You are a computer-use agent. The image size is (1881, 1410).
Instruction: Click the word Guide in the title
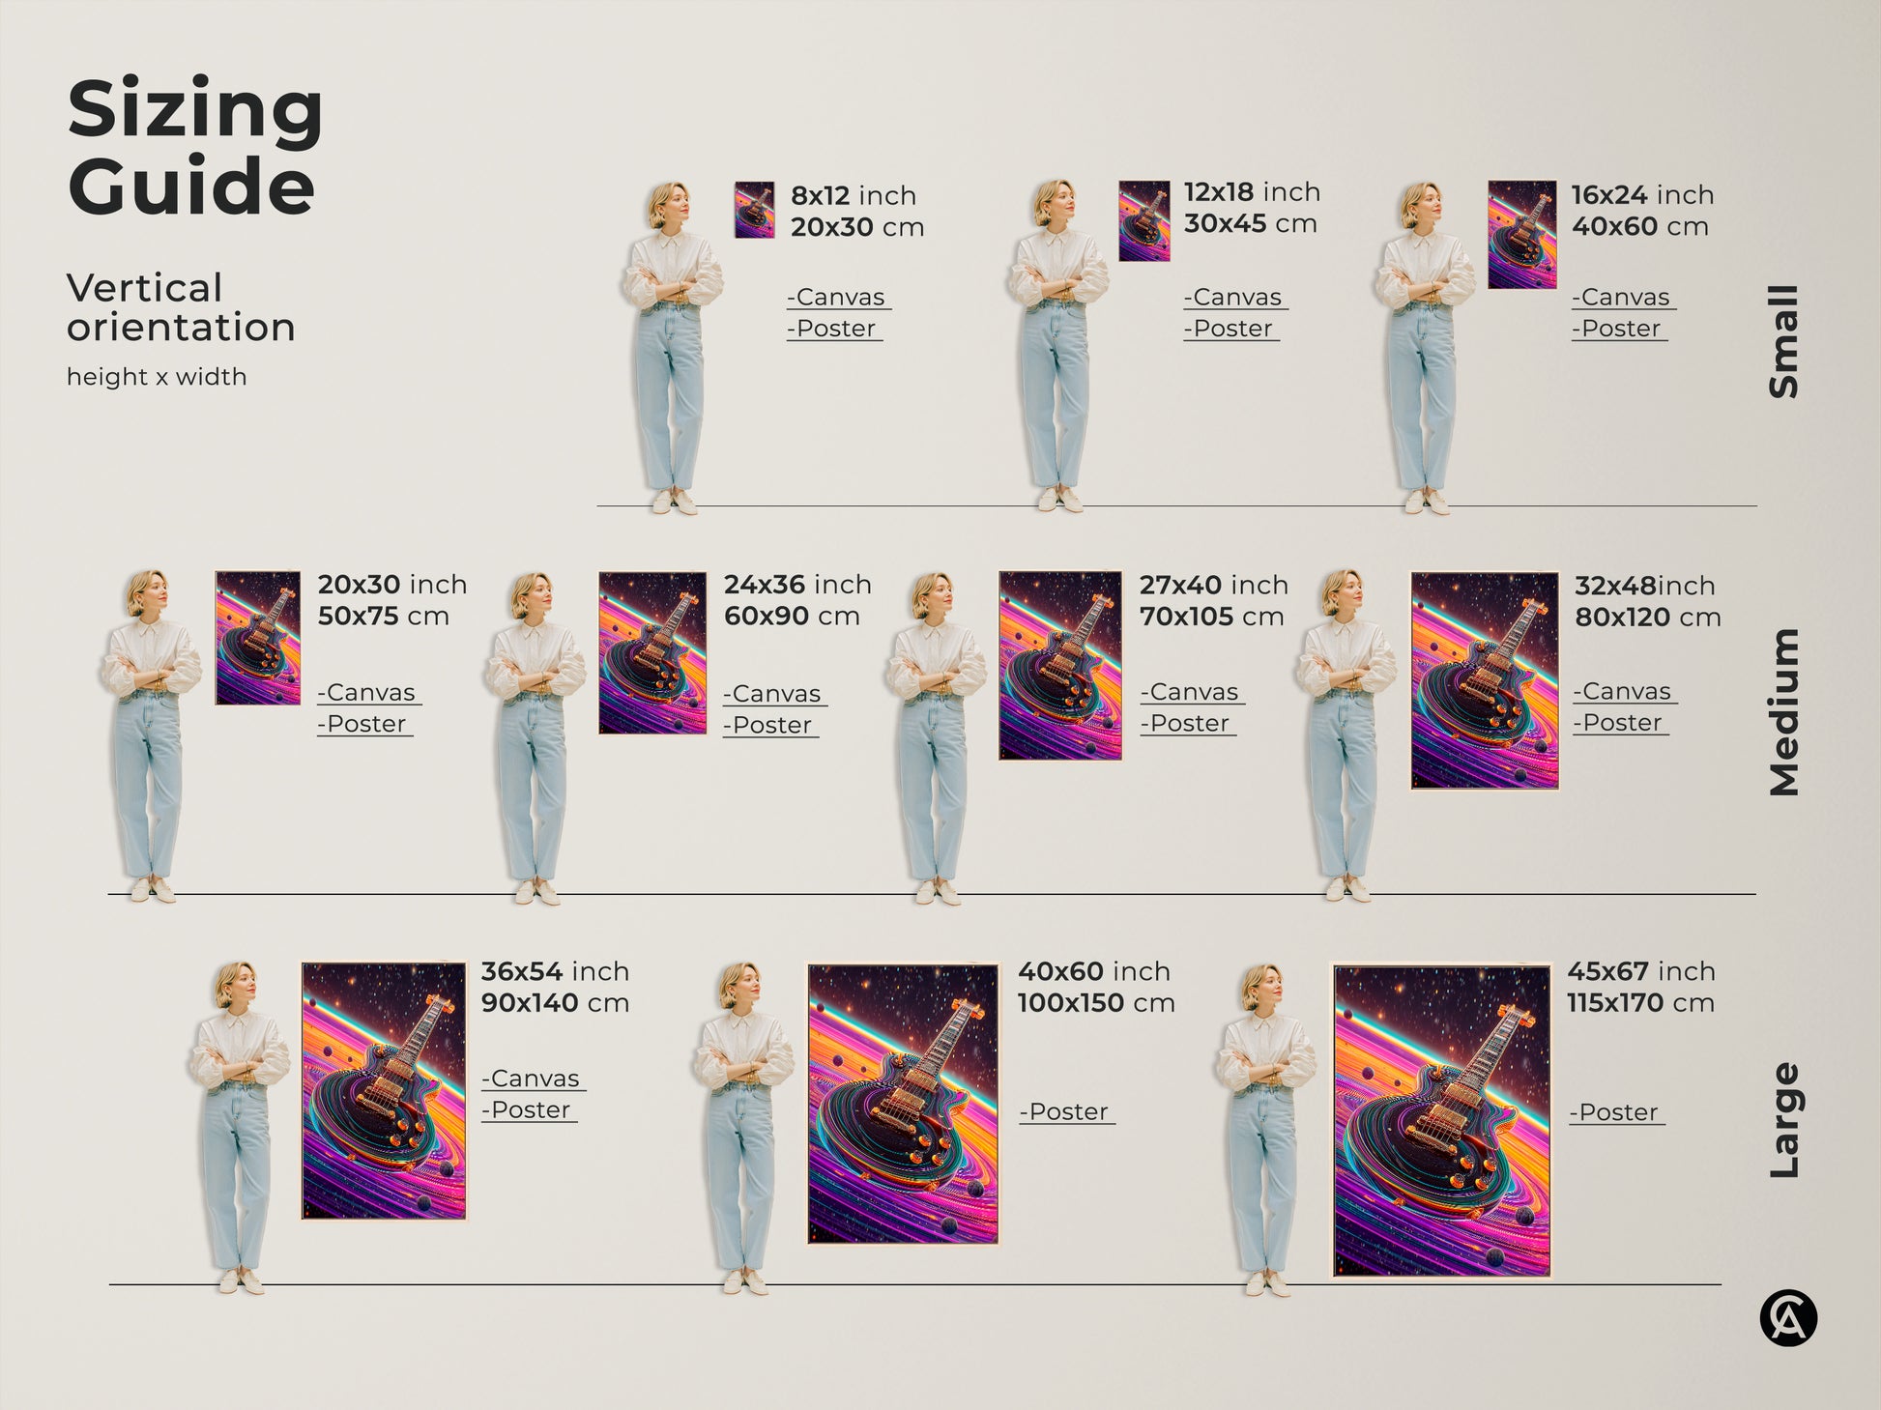click(x=191, y=186)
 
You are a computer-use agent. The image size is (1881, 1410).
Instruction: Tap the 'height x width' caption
click(x=157, y=377)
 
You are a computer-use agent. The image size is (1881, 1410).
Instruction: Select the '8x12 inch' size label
click(x=854, y=195)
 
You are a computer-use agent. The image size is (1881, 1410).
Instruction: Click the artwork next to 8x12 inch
click(x=754, y=210)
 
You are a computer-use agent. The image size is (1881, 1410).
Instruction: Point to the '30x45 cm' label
click(x=1250, y=224)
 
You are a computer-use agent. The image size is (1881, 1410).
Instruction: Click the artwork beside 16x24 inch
click(x=1521, y=235)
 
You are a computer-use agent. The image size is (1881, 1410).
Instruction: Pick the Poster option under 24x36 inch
click(x=771, y=725)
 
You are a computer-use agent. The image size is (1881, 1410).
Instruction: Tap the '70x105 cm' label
click(x=1211, y=617)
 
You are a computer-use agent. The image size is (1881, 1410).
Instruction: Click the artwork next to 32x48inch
click(x=1484, y=680)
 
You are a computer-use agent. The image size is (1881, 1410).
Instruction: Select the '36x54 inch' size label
click(x=555, y=971)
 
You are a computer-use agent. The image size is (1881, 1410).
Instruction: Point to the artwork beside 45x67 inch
click(x=1441, y=1121)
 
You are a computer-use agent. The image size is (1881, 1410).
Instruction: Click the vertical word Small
click(x=1783, y=341)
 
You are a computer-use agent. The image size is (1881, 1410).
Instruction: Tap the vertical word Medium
click(x=1783, y=712)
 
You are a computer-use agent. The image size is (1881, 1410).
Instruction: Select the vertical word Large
click(x=1783, y=1121)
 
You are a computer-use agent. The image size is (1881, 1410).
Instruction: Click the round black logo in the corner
click(x=1788, y=1318)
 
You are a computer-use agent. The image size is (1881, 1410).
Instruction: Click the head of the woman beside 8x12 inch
click(x=669, y=205)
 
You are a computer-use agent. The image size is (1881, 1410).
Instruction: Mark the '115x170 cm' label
click(x=1640, y=1003)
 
